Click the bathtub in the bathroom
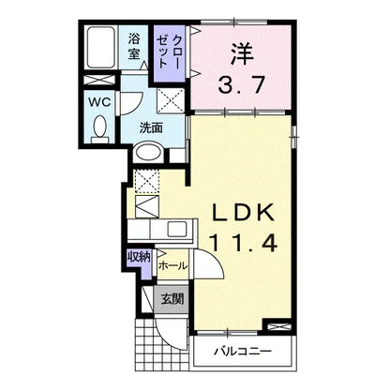(100, 47)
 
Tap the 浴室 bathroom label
(134, 47)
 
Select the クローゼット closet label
(169, 52)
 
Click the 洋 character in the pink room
(241, 55)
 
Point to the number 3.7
(242, 85)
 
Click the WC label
(99, 102)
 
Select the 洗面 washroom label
(151, 127)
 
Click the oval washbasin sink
(149, 152)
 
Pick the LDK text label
(243, 213)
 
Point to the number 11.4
(244, 244)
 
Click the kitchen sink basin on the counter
(177, 230)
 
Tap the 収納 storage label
(139, 257)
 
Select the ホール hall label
(173, 266)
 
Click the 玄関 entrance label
(172, 299)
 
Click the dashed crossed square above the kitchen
(147, 181)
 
